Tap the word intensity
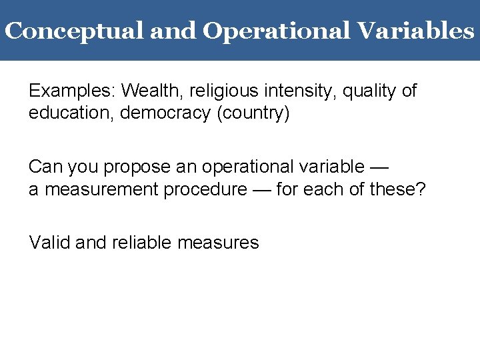tap(295, 90)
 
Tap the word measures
tap(219, 242)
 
